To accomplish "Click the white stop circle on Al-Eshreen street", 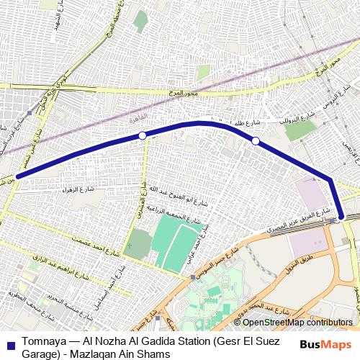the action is (143, 135).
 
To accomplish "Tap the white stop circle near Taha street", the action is (255, 140).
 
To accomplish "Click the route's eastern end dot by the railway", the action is (341, 215).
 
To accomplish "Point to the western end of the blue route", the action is (17, 174).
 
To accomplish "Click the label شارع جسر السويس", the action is (212, 261).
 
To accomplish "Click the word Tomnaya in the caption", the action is (43, 342).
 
